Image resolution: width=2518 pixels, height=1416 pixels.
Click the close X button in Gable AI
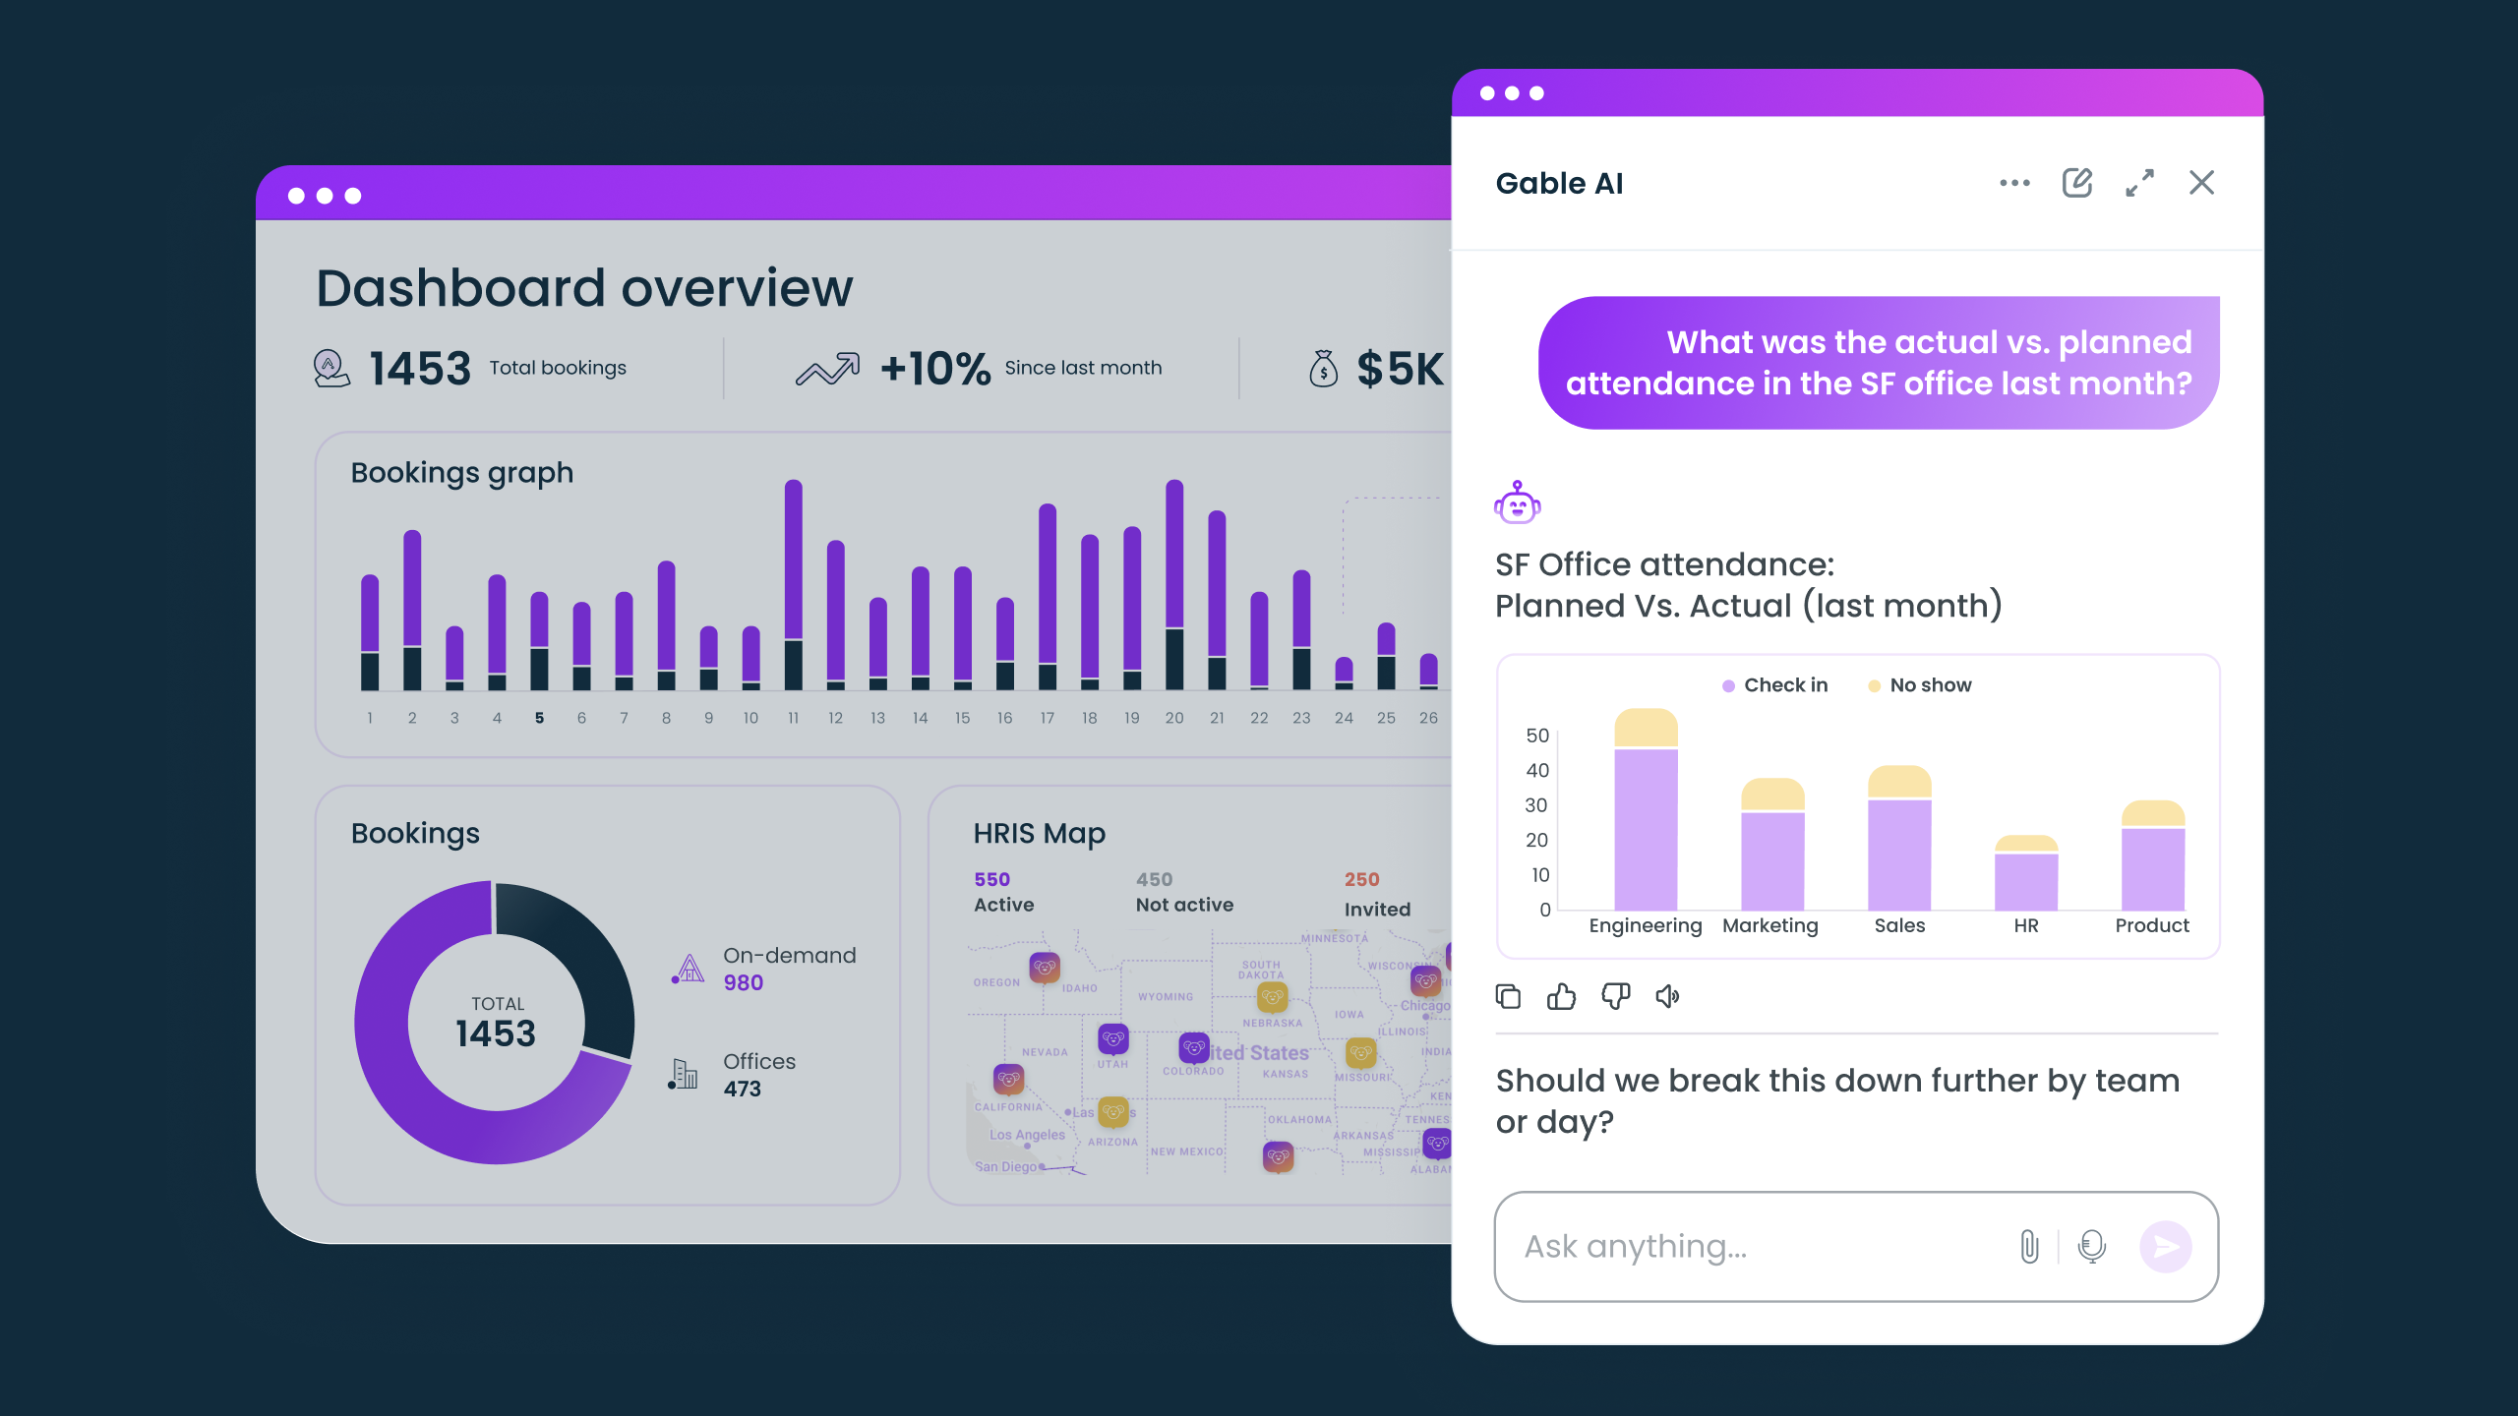[x=2201, y=183]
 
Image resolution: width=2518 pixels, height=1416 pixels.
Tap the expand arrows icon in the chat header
[x=2139, y=183]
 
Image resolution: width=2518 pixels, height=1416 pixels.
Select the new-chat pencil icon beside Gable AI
[x=2076, y=183]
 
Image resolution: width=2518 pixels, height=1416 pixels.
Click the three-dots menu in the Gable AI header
[x=2014, y=183]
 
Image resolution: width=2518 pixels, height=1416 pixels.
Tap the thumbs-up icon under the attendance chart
[x=1561, y=997]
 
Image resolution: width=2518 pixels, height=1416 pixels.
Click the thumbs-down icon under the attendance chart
[x=1615, y=997]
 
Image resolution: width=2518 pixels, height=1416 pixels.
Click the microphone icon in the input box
[x=2092, y=1247]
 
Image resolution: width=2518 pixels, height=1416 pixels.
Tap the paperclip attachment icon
[x=2029, y=1247]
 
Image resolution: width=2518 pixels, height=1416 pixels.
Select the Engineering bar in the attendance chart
[x=1646, y=816]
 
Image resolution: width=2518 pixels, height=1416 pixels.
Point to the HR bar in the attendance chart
[x=2026, y=875]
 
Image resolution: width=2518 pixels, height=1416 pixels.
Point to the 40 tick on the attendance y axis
[x=1537, y=771]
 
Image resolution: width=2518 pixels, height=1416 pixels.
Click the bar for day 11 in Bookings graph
[x=794, y=585]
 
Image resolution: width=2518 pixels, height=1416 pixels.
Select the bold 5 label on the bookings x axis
[x=539, y=719]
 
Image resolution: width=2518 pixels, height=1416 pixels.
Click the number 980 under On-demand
[x=744, y=983]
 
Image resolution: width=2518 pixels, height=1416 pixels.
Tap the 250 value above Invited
[x=1362, y=880]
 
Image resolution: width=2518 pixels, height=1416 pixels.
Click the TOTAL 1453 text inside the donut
[x=497, y=1023]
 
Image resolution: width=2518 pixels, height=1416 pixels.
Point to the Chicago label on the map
[x=1424, y=1006]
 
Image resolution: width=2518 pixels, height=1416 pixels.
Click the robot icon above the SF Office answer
[x=1517, y=503]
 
